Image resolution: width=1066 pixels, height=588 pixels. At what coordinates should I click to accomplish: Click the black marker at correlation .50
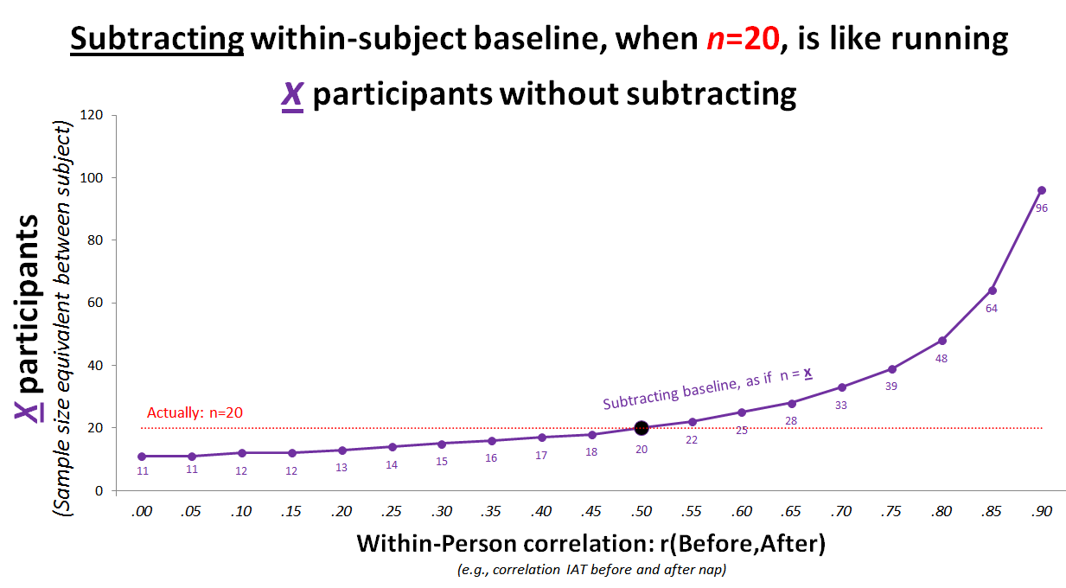pyautogui.click(x=642, y=428)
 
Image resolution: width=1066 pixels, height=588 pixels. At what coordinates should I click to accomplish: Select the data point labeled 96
pyautogui.click(x=1042, y=190)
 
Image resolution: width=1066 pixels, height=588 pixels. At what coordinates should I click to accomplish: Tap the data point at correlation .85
pyautogui.click(x=993, y=291)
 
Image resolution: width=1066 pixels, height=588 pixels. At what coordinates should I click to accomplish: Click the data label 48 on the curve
pyautogui.click(x=942, y=359)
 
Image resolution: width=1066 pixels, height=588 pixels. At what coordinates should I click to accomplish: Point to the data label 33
pyautogui.click(x=841, y=406)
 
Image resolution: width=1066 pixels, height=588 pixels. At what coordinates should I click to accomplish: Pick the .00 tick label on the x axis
pyautogui.click(x=141, y=511)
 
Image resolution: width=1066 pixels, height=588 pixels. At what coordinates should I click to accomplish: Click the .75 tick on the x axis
pyautogui.click(x=890, y=511)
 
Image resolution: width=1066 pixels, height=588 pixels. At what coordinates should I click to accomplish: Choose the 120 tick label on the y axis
pyautogui.click(x=92, y=115)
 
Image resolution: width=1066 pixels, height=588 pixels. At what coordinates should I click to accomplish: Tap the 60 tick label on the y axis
pyautogui.click(x=95, y=303)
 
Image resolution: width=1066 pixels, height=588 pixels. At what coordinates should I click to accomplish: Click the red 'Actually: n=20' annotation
pyautogui.click(x=195, y=412)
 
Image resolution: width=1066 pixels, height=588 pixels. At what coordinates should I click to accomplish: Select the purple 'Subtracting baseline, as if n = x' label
pyautogui.click(x=707, y=389)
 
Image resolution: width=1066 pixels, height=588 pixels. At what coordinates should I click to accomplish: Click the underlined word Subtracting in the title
pyautogui.click(x=157, y=39)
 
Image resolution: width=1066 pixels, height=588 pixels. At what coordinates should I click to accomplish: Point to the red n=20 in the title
pyautogui.click(x=743, y=39)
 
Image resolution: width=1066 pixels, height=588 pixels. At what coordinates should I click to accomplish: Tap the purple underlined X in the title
pyautogui.click(x=292, y=94)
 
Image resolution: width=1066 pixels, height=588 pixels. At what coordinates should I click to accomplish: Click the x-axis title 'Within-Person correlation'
pyautogui.click(x=506, y=543)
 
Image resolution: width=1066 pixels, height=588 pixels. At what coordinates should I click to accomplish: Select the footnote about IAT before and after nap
pyautogui.click(x=591, y=570)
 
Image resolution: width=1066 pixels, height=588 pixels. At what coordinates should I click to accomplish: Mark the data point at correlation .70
pyautogui.click(x=842, y=387)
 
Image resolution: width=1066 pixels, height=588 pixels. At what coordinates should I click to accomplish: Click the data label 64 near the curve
pyautogui.click(x=992, y=309)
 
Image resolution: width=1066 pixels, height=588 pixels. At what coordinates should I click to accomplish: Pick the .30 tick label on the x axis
pyautogui.click(x=442, y=511)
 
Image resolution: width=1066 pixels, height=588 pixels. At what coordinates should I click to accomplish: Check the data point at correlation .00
pyautogui.click(x=142, y=457)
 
